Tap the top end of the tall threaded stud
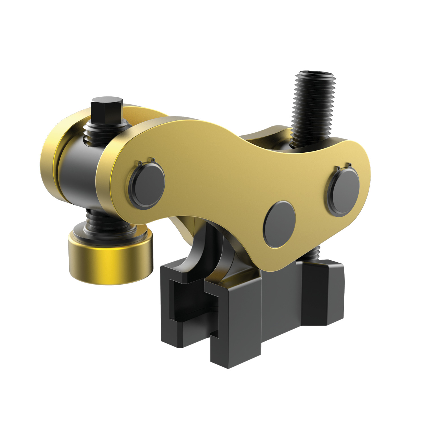point(314,75)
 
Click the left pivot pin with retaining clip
point(147,185)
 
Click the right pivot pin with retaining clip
point(343,192)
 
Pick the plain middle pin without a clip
point(279,224)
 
